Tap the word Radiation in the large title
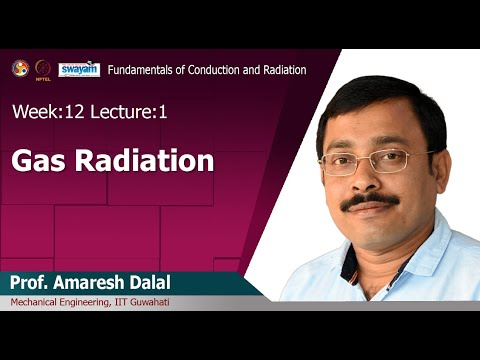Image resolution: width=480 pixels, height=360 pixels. coord(147,160)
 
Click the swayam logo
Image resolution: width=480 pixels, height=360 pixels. coord(78,68)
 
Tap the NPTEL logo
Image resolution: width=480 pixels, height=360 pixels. coord(43,68)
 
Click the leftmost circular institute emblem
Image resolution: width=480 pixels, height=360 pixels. coord(20,68)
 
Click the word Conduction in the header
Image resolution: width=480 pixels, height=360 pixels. coord(217,69)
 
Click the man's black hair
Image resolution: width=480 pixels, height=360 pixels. coord(385,95)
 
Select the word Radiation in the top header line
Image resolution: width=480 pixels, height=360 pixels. coord(279,69)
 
